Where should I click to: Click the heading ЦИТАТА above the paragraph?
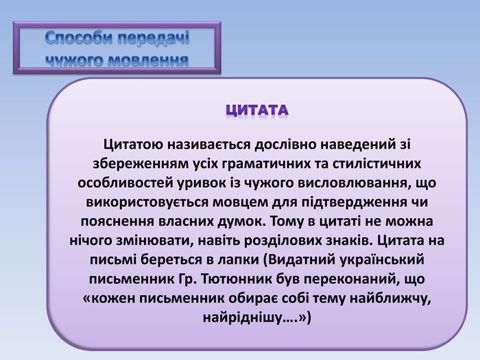click(257, 110)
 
